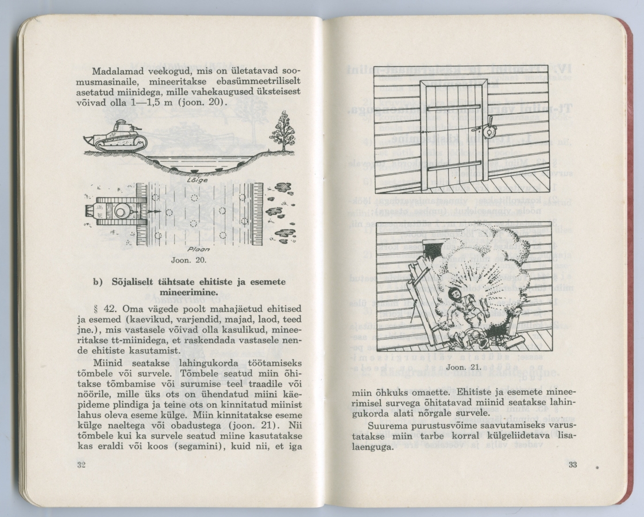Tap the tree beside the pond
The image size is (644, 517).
283,131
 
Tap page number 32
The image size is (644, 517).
81,465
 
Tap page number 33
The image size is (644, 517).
572,465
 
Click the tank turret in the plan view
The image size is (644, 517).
121,211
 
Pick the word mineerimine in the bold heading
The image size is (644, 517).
190,292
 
